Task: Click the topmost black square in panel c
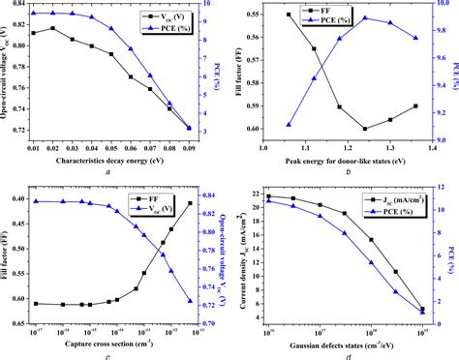(189, 202)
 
